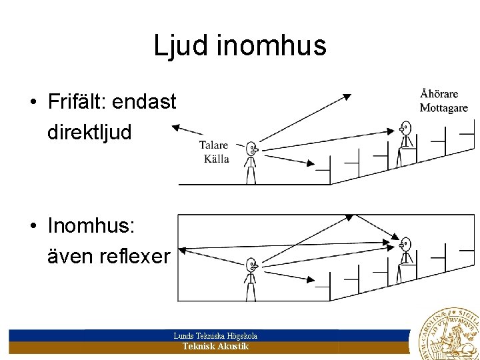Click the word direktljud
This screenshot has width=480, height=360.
(89, 131)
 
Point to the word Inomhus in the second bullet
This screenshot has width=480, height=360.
(91, 226)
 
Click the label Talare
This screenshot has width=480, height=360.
(213, 145)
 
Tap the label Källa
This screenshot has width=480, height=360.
(216, 159)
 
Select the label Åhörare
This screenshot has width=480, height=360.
(439, 94)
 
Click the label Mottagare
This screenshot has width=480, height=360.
(443, 107)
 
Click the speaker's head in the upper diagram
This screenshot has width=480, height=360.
(251, 148)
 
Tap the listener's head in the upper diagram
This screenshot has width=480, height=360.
(405, 127)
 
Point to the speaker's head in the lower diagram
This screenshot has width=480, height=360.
(251, 264)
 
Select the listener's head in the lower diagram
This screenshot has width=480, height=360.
(405, 244)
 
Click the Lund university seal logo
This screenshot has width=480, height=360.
(448, 335)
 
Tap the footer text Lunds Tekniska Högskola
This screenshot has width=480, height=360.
(215, 336)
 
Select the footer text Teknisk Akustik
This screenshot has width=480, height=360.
(215, 347)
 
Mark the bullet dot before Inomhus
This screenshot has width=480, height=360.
(32, 227)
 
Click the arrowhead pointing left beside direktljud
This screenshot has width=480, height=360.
(175, 126)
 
